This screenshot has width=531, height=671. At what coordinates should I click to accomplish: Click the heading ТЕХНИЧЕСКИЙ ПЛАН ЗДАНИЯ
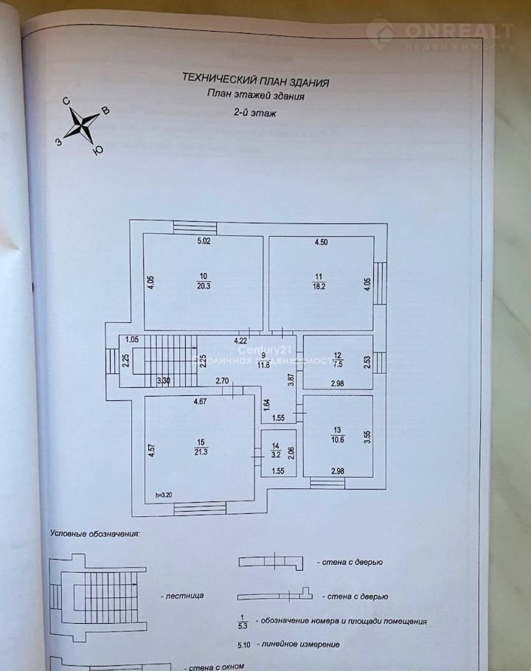click(x=255, y=81)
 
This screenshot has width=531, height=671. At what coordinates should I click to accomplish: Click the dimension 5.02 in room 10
click(x=204, y=241)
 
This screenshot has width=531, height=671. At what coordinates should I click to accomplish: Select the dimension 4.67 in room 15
click(x=201, y=402)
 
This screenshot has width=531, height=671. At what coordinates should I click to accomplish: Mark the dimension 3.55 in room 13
click(x=367, y=435)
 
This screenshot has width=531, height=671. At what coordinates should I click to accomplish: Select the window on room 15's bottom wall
click(x=200, y=506)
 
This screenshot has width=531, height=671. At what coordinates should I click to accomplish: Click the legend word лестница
click(x=181, y=594)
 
